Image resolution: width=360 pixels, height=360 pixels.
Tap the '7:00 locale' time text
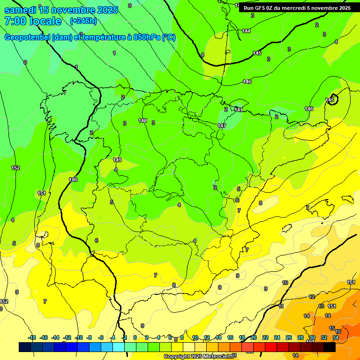[x=33, y=21]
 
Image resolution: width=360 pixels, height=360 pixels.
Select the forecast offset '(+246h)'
[x=83, y=21]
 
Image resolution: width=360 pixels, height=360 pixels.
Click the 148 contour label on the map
[x=142, y=120]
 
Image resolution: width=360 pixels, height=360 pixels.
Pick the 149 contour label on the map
[x=117, y=160]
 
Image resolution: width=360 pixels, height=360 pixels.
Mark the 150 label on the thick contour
[x=73, y=180]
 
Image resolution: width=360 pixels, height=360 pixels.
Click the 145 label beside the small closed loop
[x=330, y=100]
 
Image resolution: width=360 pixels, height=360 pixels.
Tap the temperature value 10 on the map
[x=285, y=283]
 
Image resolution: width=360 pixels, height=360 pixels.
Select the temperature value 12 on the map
[x=312, y=297]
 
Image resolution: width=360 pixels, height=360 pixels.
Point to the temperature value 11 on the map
[x=281, y=306]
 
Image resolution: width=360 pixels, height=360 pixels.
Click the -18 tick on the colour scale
[x=32, y=337]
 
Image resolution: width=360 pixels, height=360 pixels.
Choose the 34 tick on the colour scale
[x=336, y=337]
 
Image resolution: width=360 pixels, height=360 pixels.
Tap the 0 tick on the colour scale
[x=135, y=337]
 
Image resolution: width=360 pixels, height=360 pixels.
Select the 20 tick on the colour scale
[x=254, y=337]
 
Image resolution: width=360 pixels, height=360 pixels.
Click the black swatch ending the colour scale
[x=330, y=347]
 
